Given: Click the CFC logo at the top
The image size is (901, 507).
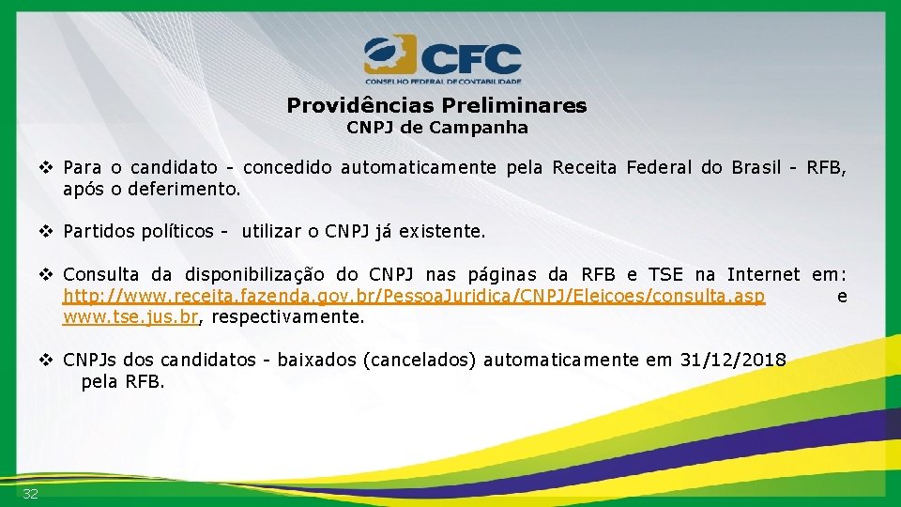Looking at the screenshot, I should tap(442, 59).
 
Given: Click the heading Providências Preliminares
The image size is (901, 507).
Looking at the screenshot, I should tap(436, 105).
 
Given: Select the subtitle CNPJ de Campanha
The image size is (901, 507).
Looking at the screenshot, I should tap(437, 127).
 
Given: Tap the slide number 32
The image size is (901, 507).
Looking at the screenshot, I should tap(30, 494).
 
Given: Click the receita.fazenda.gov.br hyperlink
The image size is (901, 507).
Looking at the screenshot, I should tap(414, 297).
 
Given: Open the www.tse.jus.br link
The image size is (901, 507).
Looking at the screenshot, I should tap(130, 317).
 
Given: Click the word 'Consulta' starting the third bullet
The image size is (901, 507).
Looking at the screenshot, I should tap(100, 275).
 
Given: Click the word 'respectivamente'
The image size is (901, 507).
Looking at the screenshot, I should tap(285, 317).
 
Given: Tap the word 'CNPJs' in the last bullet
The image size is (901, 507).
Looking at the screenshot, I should tap(90, 360).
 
